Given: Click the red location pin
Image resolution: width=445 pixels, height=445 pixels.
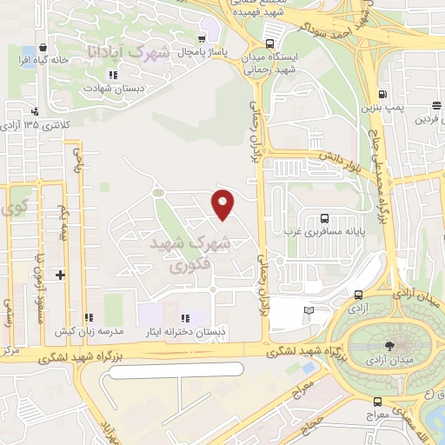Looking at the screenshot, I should pos(224,204).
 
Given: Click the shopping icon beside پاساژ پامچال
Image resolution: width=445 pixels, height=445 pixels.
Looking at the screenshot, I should pos(203,38).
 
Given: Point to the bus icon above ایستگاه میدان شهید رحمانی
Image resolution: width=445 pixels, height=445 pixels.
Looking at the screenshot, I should pos(269,43).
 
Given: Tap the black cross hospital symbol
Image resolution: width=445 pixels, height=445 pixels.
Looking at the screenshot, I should pos(60,276).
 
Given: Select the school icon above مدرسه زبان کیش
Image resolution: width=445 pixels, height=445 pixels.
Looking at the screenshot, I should pos(89,317).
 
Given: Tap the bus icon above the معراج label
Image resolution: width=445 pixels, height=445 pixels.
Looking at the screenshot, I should pos(377,402).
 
